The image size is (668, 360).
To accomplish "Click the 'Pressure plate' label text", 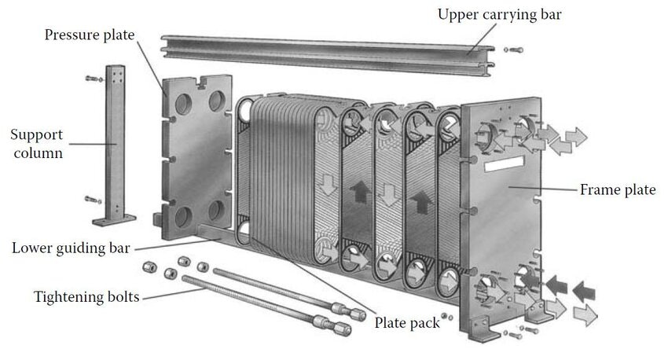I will (90, 35).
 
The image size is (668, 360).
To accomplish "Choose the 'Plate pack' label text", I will (407, 322).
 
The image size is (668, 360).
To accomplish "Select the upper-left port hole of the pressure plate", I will (180, 108).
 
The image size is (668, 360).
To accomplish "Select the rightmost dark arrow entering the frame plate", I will (583, 290).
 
